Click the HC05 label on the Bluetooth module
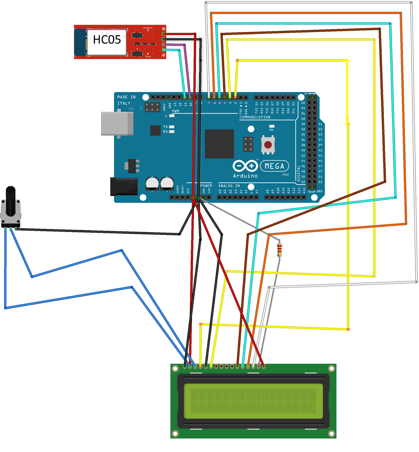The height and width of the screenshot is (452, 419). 107,40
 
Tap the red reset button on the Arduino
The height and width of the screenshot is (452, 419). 268,145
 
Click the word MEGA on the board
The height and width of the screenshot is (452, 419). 274,166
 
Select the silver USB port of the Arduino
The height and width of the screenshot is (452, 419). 117,124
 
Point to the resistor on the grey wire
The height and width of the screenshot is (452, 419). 280,250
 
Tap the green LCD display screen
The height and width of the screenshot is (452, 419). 253,401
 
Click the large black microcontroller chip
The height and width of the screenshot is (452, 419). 219,144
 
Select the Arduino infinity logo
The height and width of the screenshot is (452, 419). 245,166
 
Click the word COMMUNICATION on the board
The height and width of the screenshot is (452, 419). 255,117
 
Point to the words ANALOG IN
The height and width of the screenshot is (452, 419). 229,186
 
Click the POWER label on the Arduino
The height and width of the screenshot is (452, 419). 206,186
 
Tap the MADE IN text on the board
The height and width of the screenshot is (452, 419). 126,97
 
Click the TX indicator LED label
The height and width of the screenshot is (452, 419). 165,127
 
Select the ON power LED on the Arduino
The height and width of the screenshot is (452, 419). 272,126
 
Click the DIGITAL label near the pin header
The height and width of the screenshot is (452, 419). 298,173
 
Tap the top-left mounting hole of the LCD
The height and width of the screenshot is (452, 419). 175,368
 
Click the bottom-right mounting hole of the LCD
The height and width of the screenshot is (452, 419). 331,433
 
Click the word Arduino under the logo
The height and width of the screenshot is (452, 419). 245,176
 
